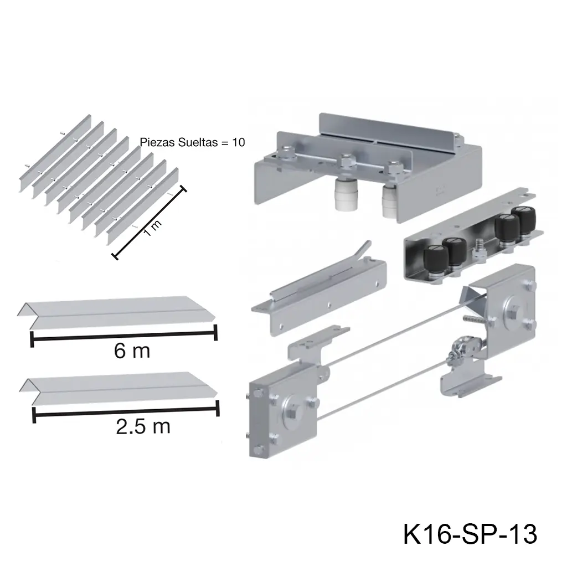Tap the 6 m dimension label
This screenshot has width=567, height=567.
click(x=132, y=350)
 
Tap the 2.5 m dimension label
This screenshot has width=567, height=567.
click(x=143, y=426)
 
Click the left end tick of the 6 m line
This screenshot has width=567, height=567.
click(x=31, y=338)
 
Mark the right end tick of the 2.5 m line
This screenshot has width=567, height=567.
click(x=217, y=409)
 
